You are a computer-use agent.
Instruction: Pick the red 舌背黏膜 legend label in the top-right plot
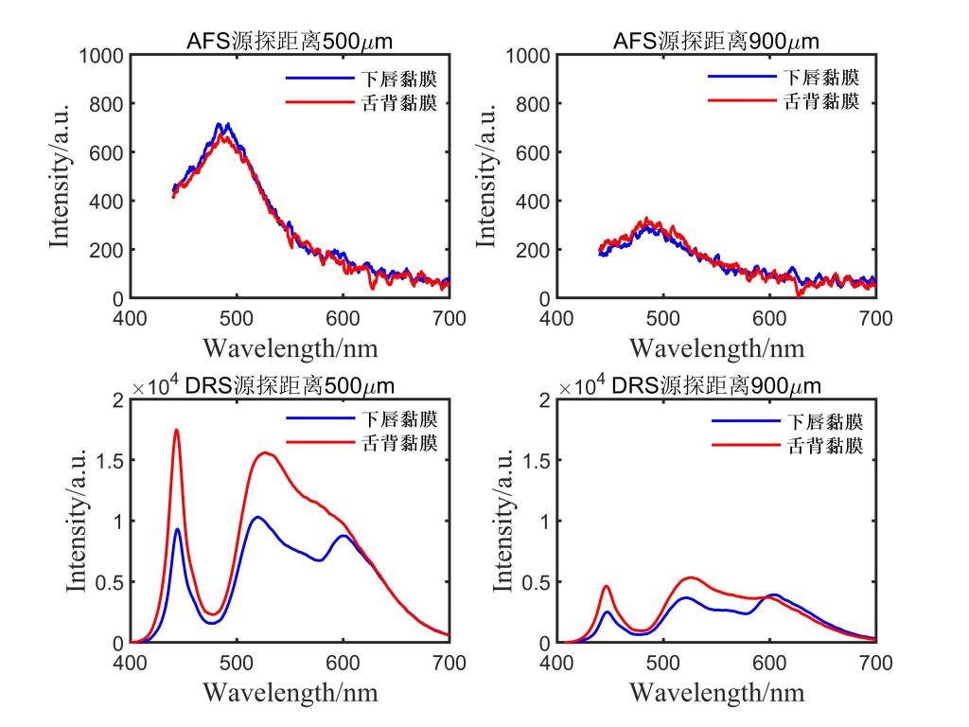822,102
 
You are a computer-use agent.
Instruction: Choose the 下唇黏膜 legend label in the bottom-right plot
822,421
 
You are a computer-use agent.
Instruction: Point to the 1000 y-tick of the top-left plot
99,55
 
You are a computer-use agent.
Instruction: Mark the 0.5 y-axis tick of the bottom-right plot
535,582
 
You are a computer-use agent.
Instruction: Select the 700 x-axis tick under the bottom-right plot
874,663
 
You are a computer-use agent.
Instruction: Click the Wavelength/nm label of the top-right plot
715,347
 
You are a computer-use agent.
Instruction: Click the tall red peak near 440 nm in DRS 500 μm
176,431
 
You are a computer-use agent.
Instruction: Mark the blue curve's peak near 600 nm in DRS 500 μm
343,536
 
